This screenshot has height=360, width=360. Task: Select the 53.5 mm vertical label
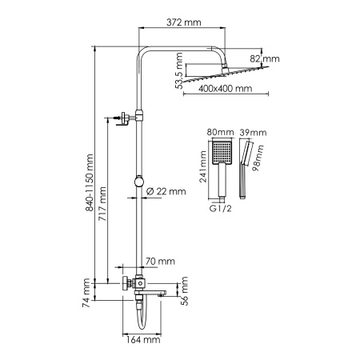pos(179,70)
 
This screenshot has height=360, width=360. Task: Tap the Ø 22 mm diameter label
pos(166,191)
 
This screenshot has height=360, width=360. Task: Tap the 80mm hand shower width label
pos(221,133)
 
